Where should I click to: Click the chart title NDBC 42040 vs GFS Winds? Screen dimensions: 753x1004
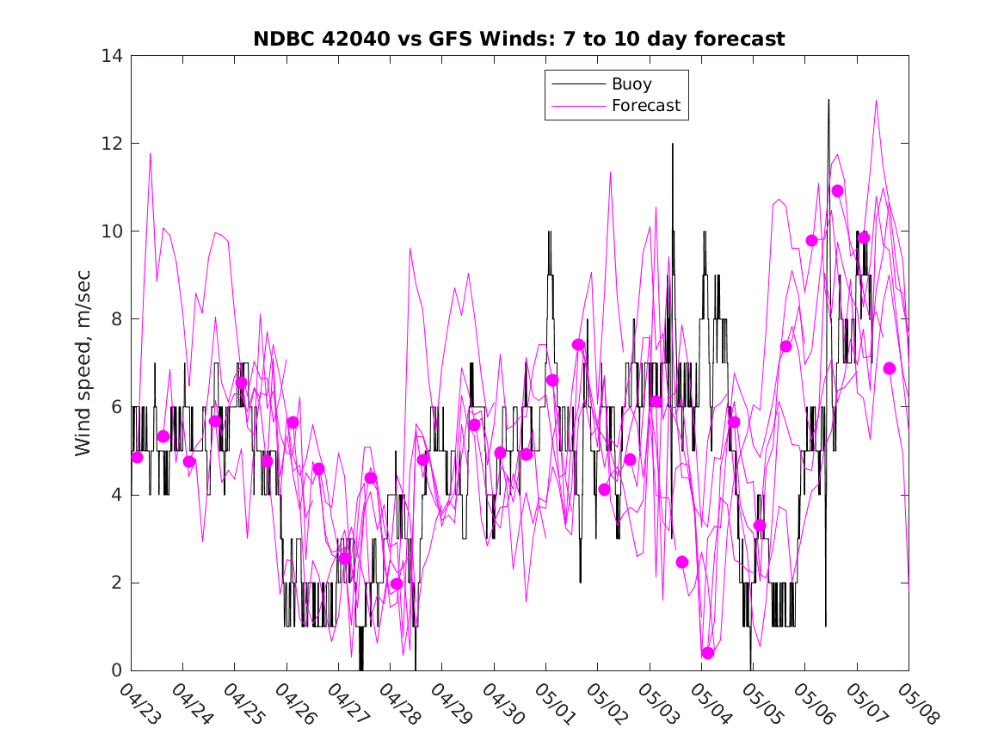[x=518, y=39]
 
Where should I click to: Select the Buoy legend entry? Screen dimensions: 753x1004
[x=631, y=84]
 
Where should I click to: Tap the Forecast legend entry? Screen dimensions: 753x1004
[x=645, y=106]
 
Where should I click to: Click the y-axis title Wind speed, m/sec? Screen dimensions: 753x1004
[x=83, y=362]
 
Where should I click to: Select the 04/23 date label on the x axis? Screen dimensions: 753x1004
[x=137, y=703]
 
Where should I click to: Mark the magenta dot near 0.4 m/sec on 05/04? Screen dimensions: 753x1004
[x=708, y=653]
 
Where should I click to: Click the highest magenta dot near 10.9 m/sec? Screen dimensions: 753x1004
[x=837, y=191]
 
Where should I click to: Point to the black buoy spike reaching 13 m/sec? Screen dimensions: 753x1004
[x=828, y=102]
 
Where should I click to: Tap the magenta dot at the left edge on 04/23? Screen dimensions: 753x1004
[x=137, y=457]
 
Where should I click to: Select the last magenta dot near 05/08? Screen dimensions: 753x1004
[x=890, y=368]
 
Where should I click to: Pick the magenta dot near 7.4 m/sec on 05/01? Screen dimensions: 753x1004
[x=578, y=345]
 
